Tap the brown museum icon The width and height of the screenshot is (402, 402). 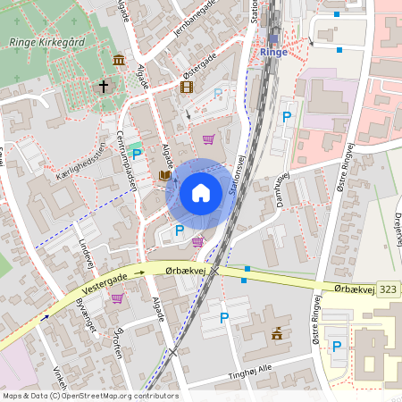point(119,60)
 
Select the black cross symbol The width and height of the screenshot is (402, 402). point(104,88)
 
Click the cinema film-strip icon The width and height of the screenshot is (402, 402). point(186,87)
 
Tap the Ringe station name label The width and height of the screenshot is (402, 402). point(272,52)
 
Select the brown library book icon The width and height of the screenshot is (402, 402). point(164,176)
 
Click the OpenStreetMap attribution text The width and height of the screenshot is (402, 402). point(90,396)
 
